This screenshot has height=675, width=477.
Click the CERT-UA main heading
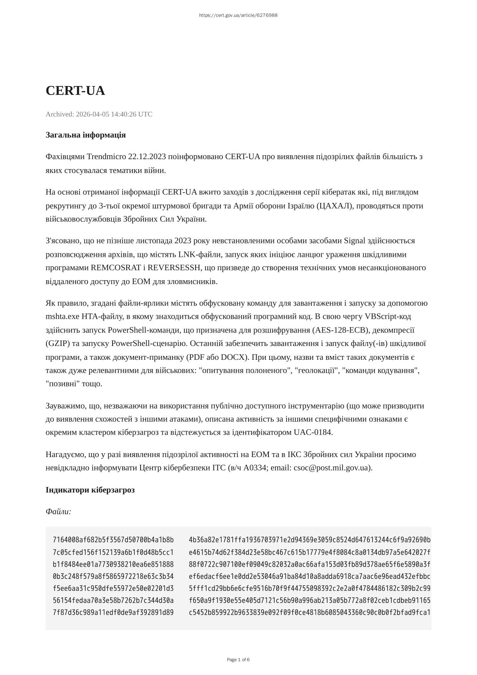click(x=75, y=91)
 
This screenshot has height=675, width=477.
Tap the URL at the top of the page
click(x=238, y=15)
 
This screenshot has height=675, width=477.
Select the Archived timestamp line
click(x=99, y=114)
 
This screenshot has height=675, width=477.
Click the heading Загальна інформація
click(x=85, y=135)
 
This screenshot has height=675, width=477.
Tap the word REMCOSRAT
click(x=113, y=268)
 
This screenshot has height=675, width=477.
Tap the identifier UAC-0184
click(x=312, y=432)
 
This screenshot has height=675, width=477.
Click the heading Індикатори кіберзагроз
click(x=90, y=490)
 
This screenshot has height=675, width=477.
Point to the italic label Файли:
click(x=58, y=512)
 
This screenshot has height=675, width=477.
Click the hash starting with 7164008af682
click(x=113, y=540)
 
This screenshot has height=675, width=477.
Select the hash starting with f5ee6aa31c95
click(x=113, y=589)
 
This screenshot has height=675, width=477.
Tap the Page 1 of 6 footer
click(x=238, y=660)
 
